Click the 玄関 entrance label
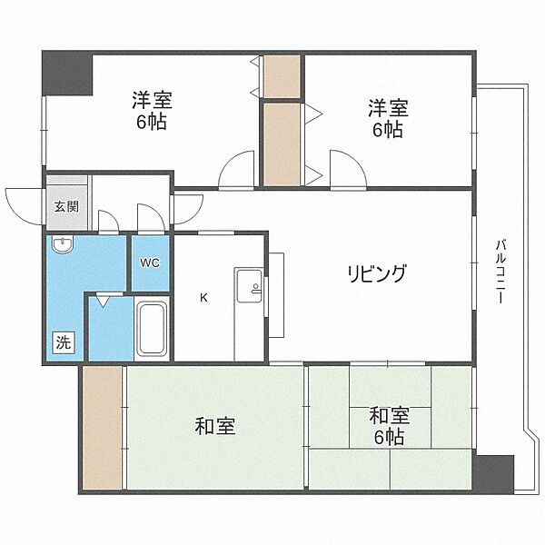66,207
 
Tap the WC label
150,263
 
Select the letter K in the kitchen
204,298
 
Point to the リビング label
377,273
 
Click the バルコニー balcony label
500,272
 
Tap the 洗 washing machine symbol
64,343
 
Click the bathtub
151,329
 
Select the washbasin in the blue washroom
63,244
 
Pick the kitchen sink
249,286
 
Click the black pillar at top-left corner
67,73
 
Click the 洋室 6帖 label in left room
152,111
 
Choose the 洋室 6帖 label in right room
388,118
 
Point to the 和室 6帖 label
390,426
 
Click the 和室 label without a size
215,426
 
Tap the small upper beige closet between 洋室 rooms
282,76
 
